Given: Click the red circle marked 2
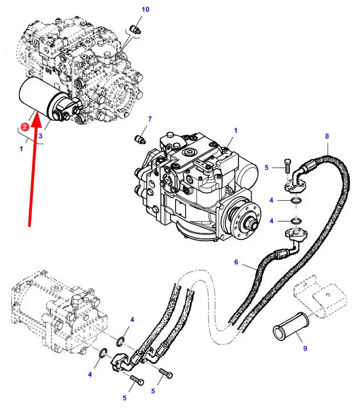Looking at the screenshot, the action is point(25,127).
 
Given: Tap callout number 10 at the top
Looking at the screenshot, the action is point(145,10).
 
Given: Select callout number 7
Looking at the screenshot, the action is point(150,119).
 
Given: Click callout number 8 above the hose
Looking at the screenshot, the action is point(327,136).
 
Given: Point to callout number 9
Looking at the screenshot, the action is point(305,348).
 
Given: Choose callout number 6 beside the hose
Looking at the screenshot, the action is point(236,262).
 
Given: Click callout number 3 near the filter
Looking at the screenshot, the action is point(41,136).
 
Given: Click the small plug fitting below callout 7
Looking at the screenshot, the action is point(140,139).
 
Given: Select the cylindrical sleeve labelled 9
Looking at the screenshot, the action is point(290,326).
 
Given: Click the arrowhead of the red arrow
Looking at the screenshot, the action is point(37,119).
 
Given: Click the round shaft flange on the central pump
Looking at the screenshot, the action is point(245,217).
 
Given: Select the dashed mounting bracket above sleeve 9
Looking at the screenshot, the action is point(320,296).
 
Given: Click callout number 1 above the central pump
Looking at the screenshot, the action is point(236,131).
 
